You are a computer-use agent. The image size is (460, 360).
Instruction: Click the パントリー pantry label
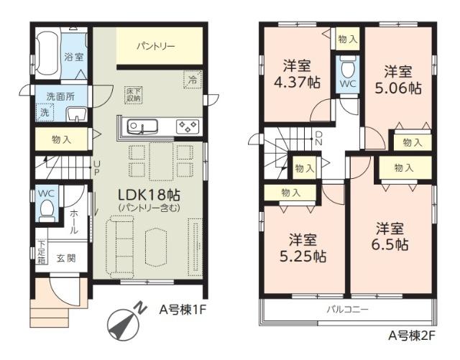[x=155, y=47]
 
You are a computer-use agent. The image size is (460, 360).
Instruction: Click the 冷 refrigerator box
[x=192, y=80]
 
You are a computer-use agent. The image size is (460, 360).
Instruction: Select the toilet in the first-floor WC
[x=46, y=209]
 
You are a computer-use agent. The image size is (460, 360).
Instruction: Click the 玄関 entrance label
[x=65, y=258]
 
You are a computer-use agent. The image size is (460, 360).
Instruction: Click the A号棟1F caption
[x=183, y=311]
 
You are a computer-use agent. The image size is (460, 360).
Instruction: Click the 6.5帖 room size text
[x=390, y=244]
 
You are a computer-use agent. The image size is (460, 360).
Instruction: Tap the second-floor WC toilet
[x=347, y=70]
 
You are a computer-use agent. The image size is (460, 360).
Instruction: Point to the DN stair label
[x=318, y=138]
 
